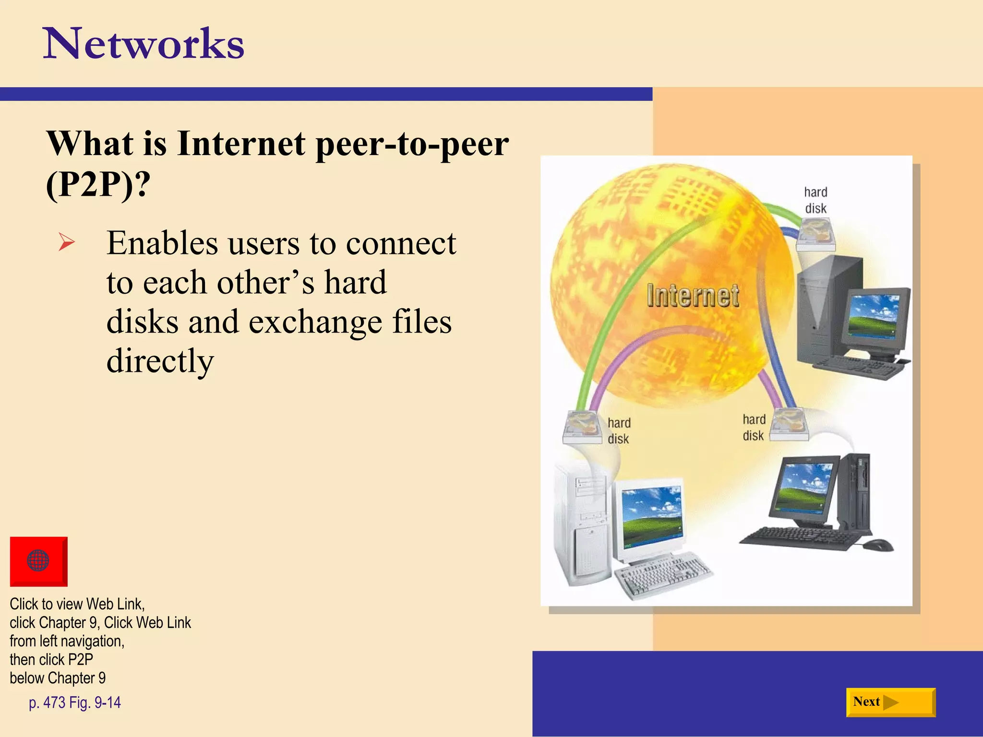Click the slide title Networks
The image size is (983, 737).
click(144, 44)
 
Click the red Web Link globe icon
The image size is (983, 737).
click(38, 560)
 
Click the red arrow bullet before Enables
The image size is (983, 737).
click(66, 242)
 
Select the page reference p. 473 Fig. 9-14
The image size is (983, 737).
click(75, 702)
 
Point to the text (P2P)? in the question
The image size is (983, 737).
click(98, 184)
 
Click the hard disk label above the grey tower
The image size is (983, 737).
click(815, 200)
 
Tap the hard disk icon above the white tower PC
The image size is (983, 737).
click(583, 426)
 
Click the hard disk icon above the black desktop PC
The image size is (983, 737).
click(790, 424)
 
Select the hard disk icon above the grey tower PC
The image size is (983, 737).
click(815, 234)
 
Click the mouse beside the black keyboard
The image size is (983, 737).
click(878, 545)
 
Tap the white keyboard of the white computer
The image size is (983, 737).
click(662, 574)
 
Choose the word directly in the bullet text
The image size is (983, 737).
click(160, 361)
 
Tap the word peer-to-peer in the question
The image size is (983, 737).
click(412, 143)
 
